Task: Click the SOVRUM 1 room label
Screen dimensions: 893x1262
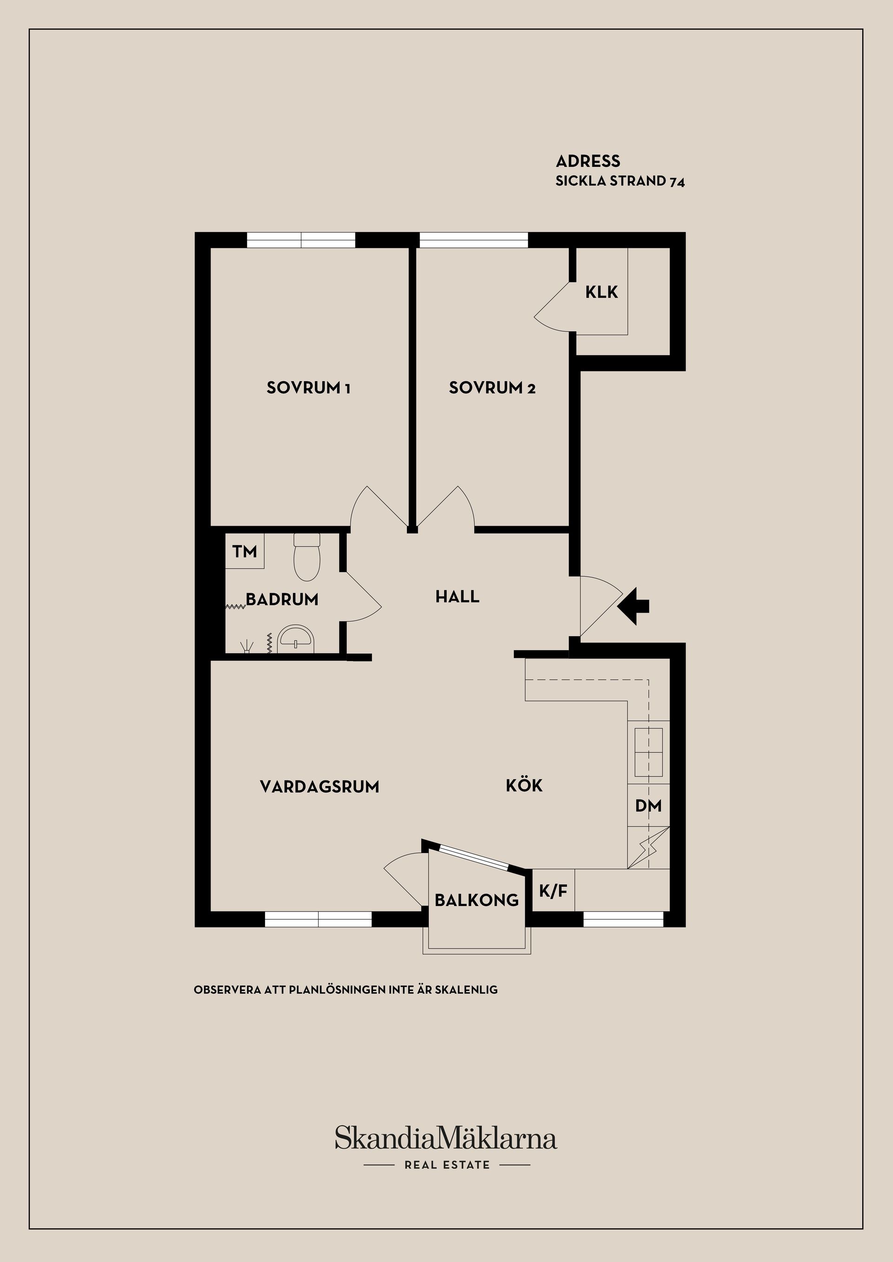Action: [308, 388]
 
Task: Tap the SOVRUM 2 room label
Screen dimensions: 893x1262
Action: [492, 388]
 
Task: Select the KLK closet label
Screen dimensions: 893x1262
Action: [601, 292]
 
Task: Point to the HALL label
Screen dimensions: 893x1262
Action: [458, 596]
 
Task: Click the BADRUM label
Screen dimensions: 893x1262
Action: [282, 599]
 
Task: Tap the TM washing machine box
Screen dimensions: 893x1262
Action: [245, 551]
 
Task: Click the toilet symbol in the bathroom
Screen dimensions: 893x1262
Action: [307, 557]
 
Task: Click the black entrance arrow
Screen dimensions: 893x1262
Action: [633, 606]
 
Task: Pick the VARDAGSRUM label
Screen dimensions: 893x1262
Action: [320, 786]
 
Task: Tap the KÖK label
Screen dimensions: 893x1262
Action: [524, 785]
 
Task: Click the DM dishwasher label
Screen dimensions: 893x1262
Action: [648, 806]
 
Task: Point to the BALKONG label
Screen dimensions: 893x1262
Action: [477, 900]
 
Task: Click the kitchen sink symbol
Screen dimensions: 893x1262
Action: [649, 751]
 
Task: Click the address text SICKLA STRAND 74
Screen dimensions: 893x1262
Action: [620, 181]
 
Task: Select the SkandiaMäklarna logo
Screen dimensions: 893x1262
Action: [446, 1137]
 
